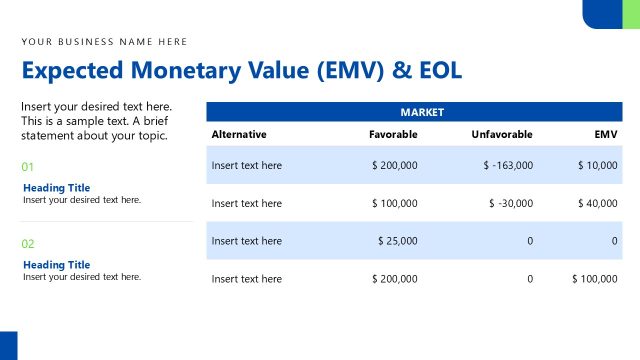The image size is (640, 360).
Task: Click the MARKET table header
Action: [x=422, y=112]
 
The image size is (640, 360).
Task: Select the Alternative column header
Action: [x=239, y=134]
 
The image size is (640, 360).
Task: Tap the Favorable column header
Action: [x=393, y=134]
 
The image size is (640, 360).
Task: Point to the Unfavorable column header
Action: [x=502, y=134]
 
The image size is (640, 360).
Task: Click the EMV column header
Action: [x=605, y=134]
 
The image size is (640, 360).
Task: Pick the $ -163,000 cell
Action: [x=508, y=165]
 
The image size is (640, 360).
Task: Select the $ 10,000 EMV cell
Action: [x=597, y=165]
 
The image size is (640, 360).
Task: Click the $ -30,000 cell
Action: [x=511, y=203]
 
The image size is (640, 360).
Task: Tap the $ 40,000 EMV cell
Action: [x=597, y=203]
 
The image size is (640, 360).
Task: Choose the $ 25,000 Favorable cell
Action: [x=397, y=241]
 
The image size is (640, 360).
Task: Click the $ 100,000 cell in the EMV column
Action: [x=594, y=279]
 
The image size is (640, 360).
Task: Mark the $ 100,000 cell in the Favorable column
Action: [x=394, y=203]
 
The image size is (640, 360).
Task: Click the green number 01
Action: [x=28, y=167]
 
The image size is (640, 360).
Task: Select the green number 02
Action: [x=28, y=244]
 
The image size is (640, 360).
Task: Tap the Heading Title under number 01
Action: [x=56, y=188]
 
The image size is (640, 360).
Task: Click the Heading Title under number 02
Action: [x=56, y=265]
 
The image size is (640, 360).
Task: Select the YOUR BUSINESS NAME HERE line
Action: [x=104, y=41]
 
